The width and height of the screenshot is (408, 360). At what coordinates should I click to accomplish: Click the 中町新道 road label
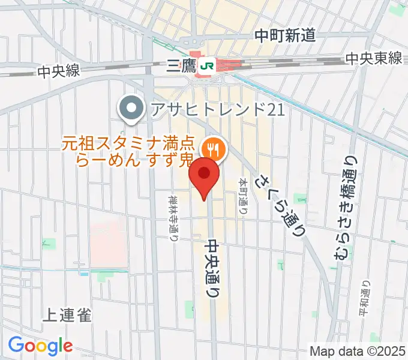pyautogui.click(x=284, y=36)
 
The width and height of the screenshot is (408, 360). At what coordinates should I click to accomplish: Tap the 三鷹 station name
pyautogui.click(x=182, y=65)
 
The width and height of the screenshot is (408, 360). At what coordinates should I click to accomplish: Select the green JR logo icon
pyautogui.click(x=209, y=65)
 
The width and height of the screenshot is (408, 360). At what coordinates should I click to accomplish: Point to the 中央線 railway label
pyautogui.click(x=58, y=71)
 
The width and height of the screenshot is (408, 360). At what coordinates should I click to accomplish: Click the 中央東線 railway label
pyautogui.click(x=373, y=58)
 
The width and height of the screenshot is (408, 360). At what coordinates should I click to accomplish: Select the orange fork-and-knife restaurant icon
pyautogui.click(x=212, y=148)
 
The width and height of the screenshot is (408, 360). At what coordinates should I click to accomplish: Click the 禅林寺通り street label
pyautogui.click(x=173, y=216)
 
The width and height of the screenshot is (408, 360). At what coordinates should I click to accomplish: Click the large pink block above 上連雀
pyautogui.click(x=109, y=235)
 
